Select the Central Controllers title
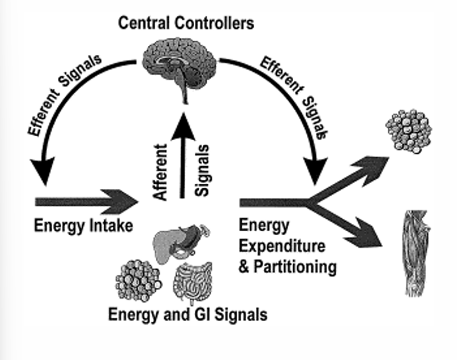point(186,24)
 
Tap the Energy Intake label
point(84,225)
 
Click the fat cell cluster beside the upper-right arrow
point(408,129)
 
